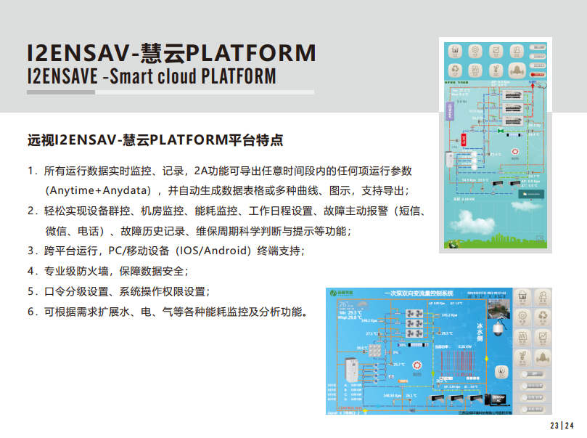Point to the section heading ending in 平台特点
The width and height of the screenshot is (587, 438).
click(x=155, y=140)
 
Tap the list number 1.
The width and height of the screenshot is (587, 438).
click(x=30, y=171)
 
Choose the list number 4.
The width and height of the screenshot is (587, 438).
click(x=30, y=271)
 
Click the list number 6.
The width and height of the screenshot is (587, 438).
click(x=30, y=312)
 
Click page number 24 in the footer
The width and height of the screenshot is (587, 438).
click(x=570, y=426)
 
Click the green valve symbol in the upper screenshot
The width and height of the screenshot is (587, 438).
click(x=501, y=131)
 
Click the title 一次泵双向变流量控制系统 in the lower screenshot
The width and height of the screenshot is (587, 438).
click(x=419, y=293)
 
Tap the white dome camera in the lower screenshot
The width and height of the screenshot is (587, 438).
click(x=498, y=329)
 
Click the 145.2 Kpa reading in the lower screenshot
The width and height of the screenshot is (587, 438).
click(x=448, y=315)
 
